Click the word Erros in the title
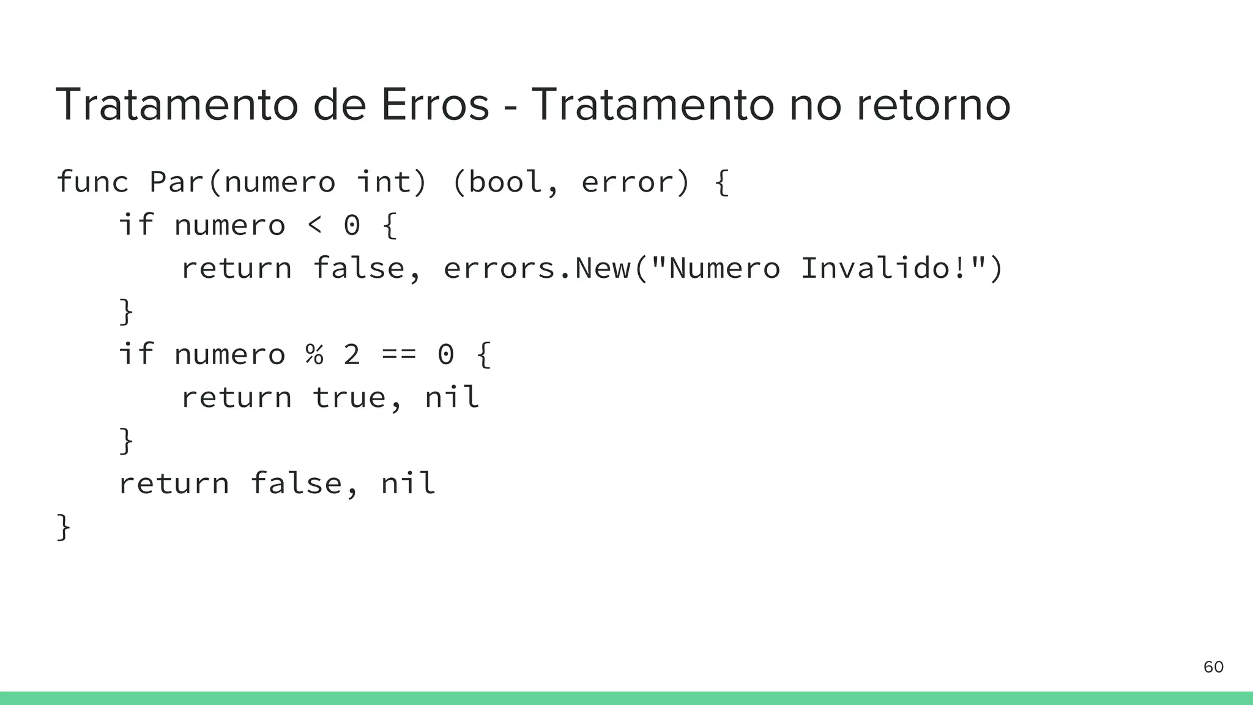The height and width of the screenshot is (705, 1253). pyautogui.click(x=435, y=105)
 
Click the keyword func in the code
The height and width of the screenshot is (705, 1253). pyautogui.click(x=92, y=182)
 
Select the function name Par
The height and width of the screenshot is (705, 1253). pyautogui.click(x=177, y=182)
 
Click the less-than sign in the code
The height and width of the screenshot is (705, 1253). pyautogui.click(x=314, y=225)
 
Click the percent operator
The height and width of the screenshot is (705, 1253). pyautogui.click(x=314, y=354)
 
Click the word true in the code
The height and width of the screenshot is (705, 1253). pyautogui.click(x=349, y=398)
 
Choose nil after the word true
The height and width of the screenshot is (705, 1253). pyautogui.click(x=452, y=397)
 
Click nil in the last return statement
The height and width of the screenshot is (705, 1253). pyautogui.click(x=408, y=483)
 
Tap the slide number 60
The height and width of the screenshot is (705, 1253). pyautogui.click(x=1213, y=667)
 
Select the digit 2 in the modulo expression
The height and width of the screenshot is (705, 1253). pyautogui.click(x=352, y=354)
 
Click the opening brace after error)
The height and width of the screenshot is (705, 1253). pyautogui.click(x=722, y=182)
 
